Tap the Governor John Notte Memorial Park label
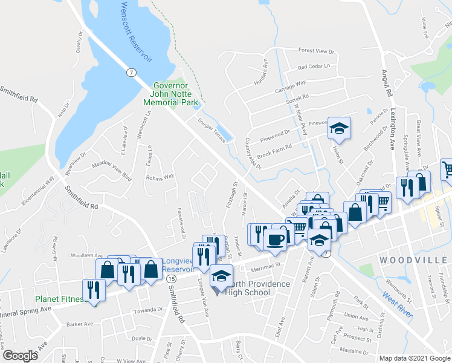point(170,94)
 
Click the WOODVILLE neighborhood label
point(415,260)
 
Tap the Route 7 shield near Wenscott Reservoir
point(131,73)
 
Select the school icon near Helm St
point(339,129)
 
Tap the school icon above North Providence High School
point(222,276)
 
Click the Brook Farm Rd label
point(274,151)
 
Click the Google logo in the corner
point(20,355)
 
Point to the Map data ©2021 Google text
point(415,358)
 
